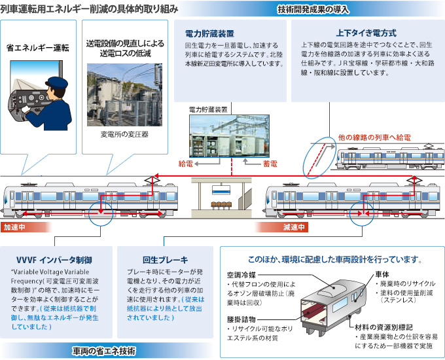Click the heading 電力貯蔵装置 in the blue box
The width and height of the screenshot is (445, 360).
tap(209, 34)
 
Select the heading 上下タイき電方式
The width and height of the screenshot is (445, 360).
tap(366, 33)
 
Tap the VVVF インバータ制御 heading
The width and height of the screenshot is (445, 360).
tap(54, 260)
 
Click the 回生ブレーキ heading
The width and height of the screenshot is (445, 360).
tap(165, 260)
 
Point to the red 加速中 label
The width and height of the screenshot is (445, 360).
tap(14, 227)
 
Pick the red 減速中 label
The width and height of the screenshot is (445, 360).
tap(294, 227)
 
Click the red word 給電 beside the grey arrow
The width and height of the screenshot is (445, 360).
tap(186, 164)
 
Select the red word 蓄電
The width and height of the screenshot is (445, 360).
tap(270, 164)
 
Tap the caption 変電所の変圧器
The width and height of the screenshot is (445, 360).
tap(124, 134)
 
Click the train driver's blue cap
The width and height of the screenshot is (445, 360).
tap(56, 82)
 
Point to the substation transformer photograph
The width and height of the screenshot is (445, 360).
tap(124, 94)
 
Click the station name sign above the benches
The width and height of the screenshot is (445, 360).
tap(221, 190)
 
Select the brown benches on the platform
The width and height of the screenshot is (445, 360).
tap(221, 205)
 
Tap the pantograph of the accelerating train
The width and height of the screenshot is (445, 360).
tap(152, 181)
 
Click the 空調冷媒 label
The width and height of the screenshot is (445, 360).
tap(241, 275)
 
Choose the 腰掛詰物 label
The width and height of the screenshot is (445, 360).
tap(241, 319)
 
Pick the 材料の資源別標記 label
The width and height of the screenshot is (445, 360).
tap(383, 327)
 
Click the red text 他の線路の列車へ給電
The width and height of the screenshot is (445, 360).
tap(374, 137)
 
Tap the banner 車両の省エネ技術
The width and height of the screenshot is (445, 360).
tap(104, 351)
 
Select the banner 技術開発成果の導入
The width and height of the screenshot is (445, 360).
tap(313, 10)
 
